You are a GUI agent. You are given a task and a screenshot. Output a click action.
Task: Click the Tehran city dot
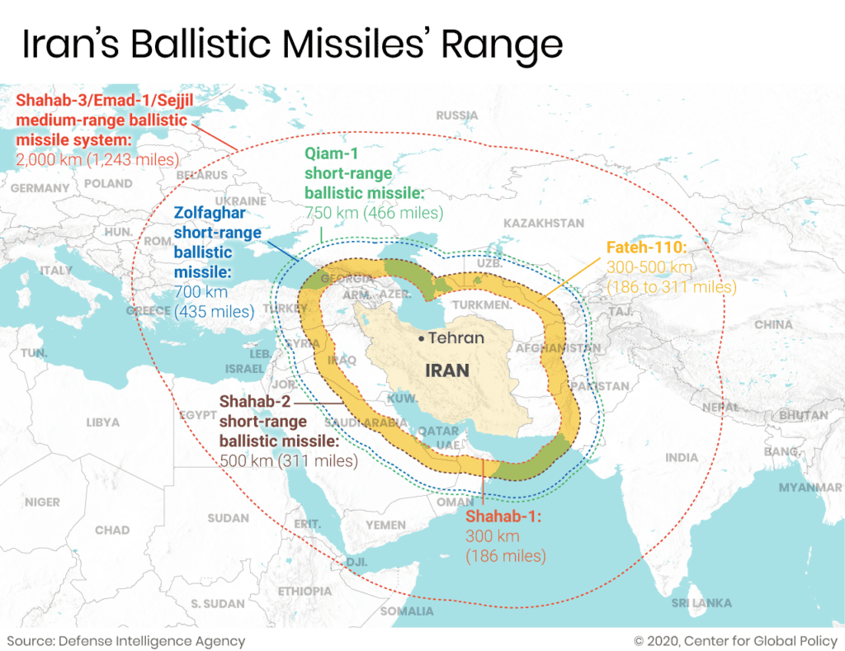coord(421,338)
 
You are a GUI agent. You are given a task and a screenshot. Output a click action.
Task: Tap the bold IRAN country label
coord(447,370)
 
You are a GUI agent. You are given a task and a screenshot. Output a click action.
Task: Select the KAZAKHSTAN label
coord(543,223)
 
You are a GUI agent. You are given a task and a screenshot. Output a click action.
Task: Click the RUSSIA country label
coord(456,116)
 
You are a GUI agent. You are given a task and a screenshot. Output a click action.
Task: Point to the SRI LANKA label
coord(701,603)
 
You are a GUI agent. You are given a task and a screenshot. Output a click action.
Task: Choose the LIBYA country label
coord(102,422)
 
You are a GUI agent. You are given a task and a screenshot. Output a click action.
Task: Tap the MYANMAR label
coord(810,487)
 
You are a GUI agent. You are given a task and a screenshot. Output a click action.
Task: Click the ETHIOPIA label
coord(304,591)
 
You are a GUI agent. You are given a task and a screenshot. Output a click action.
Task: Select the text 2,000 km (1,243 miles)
coord(97,158)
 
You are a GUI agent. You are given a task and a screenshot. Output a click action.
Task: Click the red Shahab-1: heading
coord(503,517)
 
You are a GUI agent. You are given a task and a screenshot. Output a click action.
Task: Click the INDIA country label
coord(681,457)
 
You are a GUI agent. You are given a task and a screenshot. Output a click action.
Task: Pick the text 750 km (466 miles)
coord(374,213)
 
